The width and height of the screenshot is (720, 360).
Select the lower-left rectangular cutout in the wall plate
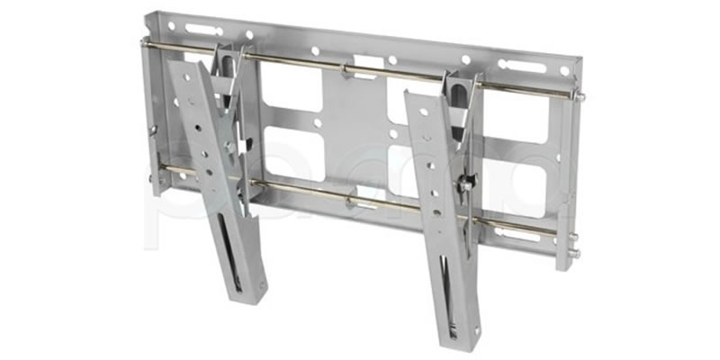pyautogui.click(x=288, y=153)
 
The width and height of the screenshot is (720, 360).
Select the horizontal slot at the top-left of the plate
pyautogui.click(x=202, y=30)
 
